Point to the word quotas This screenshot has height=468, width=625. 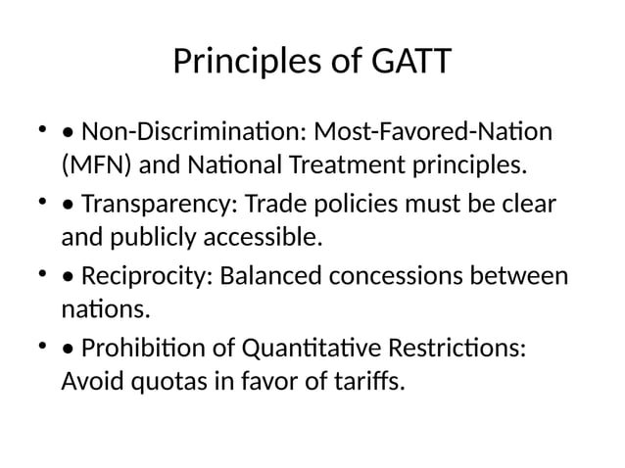tap(159, 380)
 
